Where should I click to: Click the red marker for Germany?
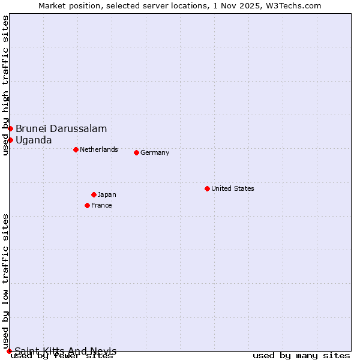pyautogui.click(x=136, y=152)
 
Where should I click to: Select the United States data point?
pyautogui.click(x=207, y=188)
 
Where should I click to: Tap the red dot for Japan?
pyautogui.click(x=94, y=194)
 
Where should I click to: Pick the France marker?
pyautogui.click(x=87, y=205)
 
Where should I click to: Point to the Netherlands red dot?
pyautogui.click(x=76, y=149)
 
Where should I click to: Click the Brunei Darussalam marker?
pyautogui.click(x=10, y=128)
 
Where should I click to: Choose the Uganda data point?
pyautogui.click(x=10, y=140)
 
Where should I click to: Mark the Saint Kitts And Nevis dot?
pyautogui.click(x=9, y=351)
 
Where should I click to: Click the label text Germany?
pyautogui.click(x=155, y=152)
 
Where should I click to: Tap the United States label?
pyautogui.click(x=233, y=188)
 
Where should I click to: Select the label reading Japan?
pyautogui.click(x=107, y=194)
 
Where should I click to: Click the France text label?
pyautogui.click(x=101, y=205)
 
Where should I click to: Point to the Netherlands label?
pyautogui.click(x=99, y=149)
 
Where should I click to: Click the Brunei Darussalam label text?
pyautogui.click(x=61, y=128)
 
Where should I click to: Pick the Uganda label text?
pyautogui.click(x=34, y=140)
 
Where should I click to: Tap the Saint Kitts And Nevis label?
pyautogui.click(x=65, y=351)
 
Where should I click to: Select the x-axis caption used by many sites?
pyautogui.click(x=301, y=356)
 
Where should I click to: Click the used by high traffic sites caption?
pyautogui.click(x=5, y=85)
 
